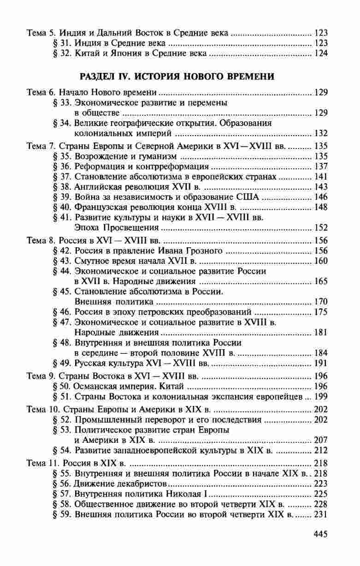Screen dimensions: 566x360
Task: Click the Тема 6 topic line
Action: [92, 92]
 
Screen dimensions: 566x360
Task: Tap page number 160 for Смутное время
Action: [320, 262]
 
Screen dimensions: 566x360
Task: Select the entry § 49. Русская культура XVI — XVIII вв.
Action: [132, 363]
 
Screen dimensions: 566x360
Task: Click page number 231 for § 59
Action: [320, 515]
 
